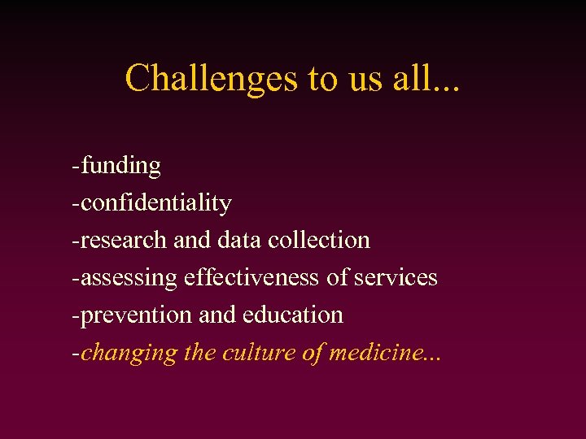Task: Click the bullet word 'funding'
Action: (x=120, y=166)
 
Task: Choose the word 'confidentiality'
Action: (x=156, y=203)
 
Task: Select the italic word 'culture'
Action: (x=252, y=354)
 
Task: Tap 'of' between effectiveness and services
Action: (x=337, y=278)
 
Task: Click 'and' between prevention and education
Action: (x=215, y=315)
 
